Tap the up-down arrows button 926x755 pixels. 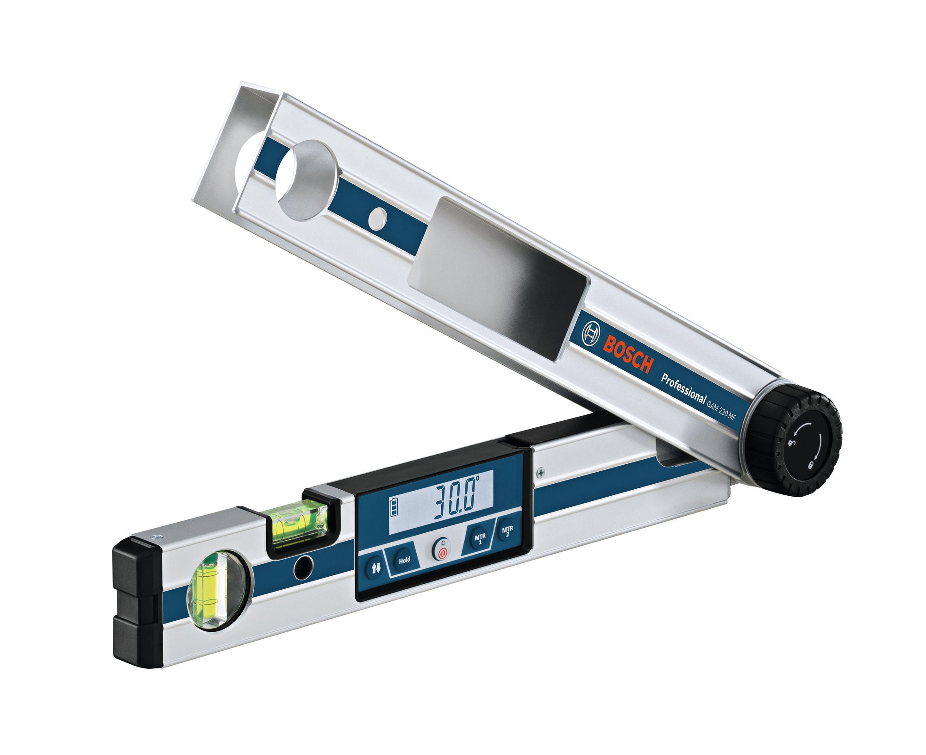point(375,568)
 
